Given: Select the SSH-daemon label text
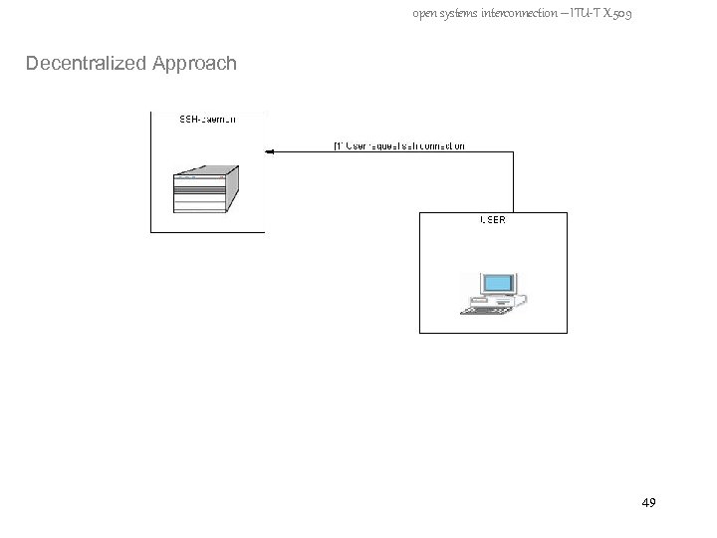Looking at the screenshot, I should pos(207,122).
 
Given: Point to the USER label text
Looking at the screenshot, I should pos(493,219).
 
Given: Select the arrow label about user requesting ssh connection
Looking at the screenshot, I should pos(398,145).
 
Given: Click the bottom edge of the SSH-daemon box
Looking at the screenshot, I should pos(207,232).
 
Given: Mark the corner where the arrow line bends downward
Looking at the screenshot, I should pos(512,152).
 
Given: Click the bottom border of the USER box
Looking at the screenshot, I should pos(493,333).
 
